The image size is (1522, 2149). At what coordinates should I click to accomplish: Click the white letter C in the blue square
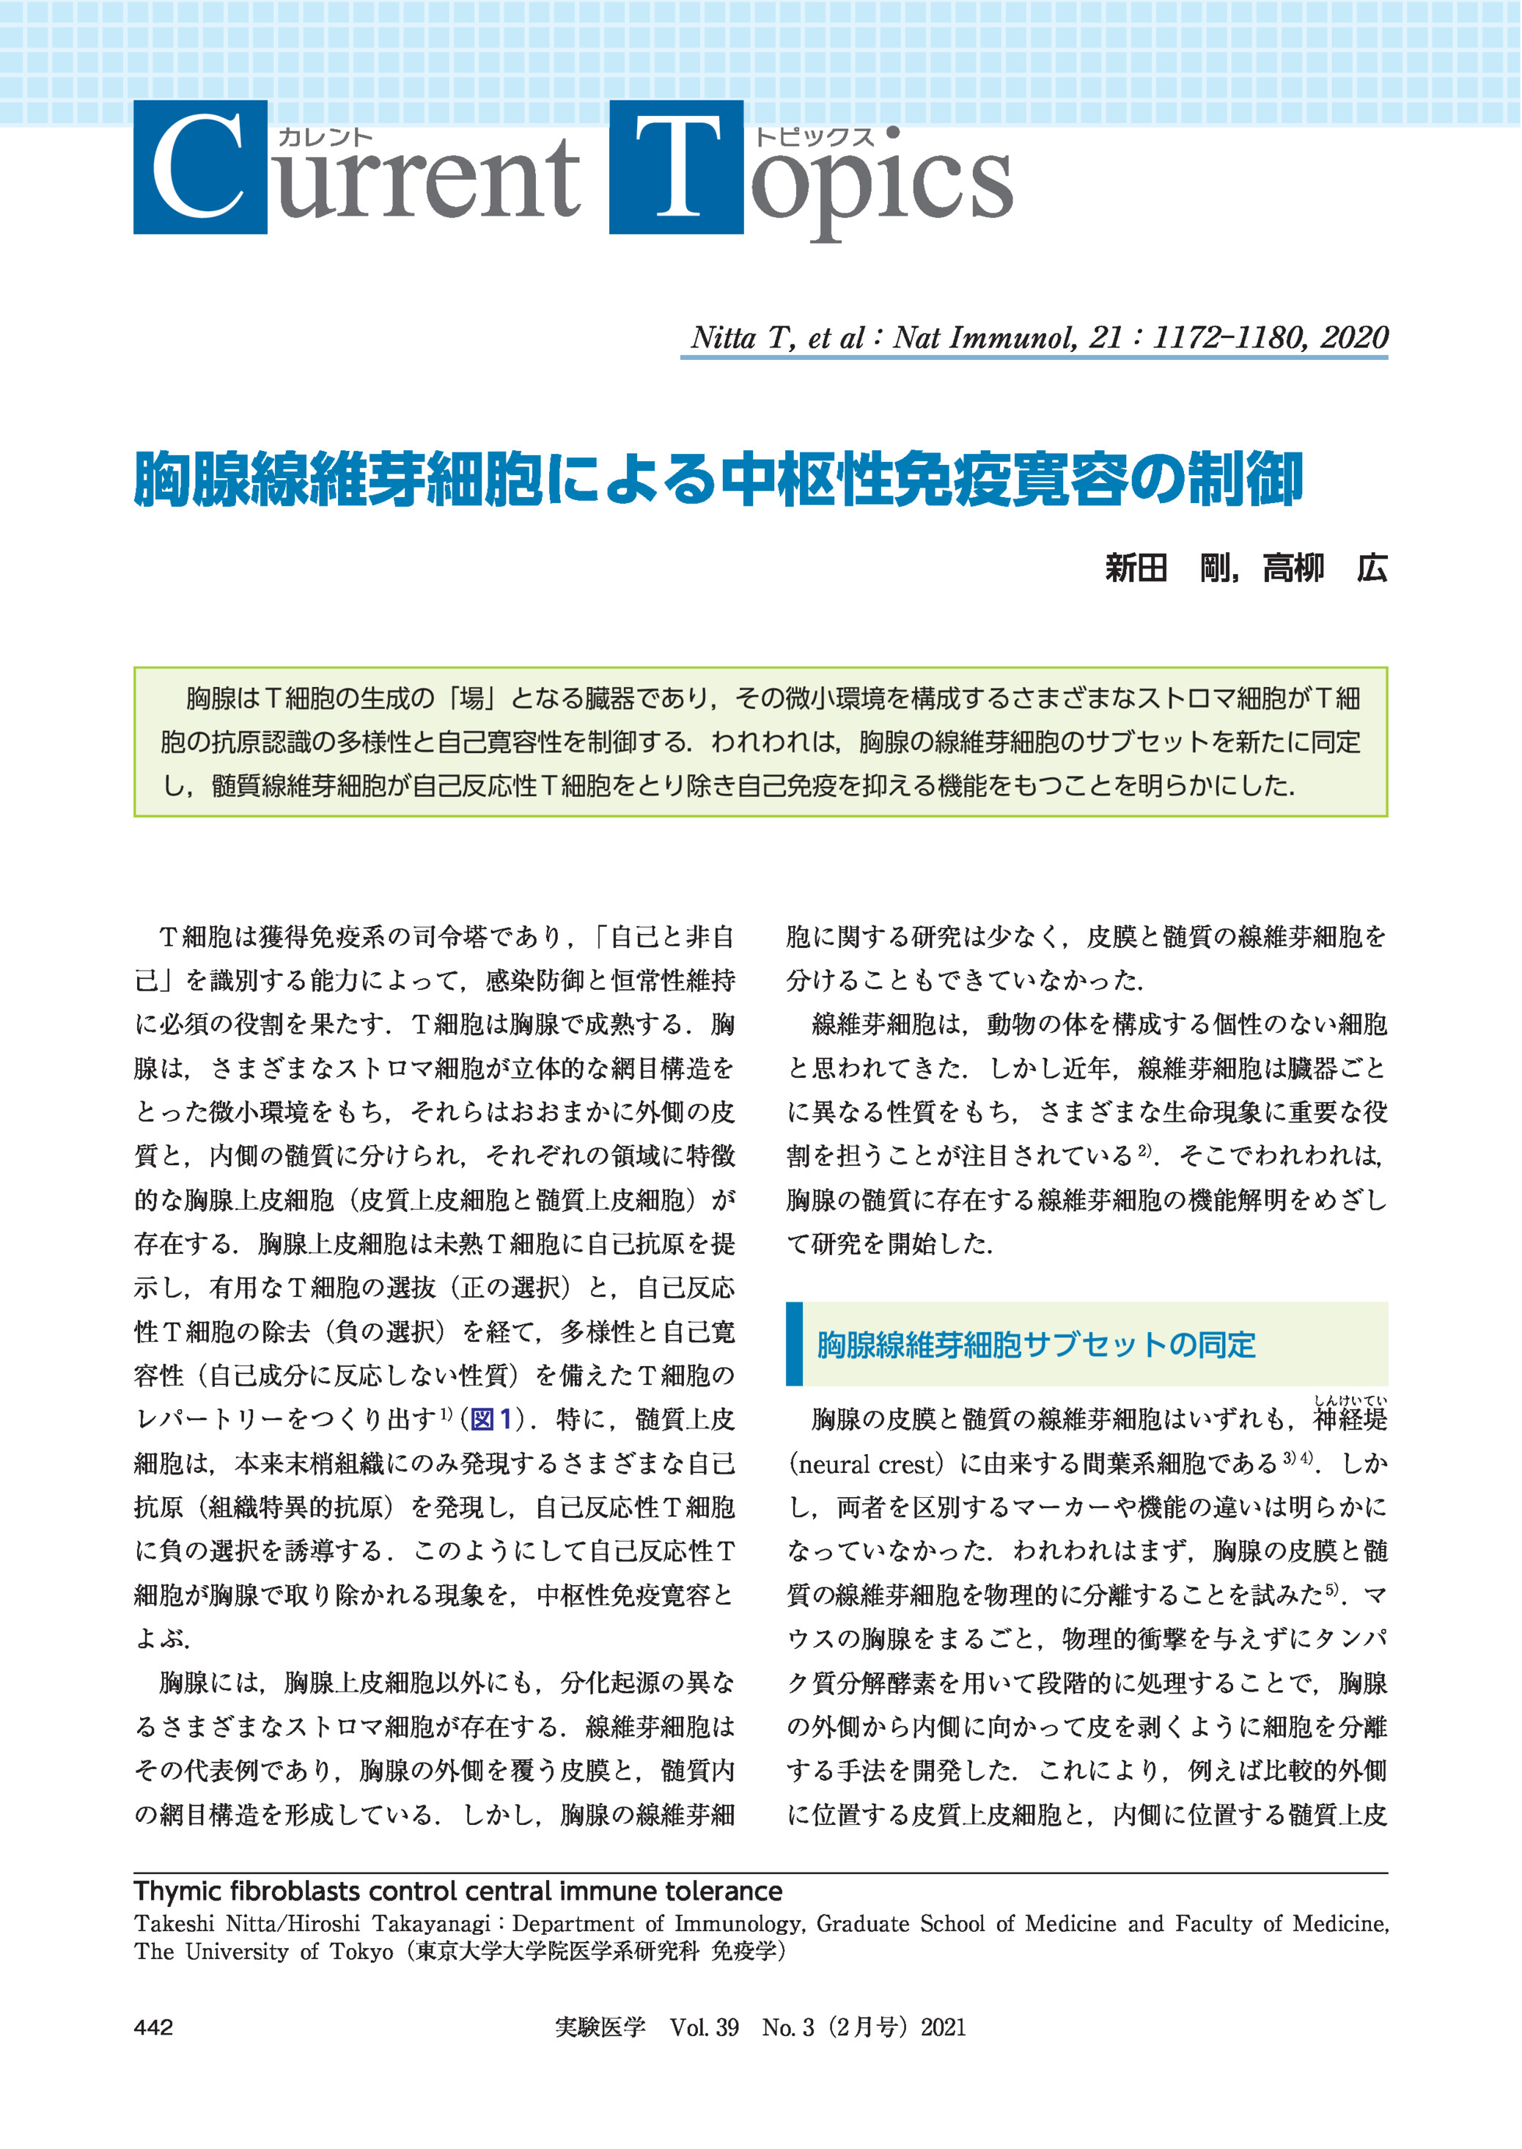(199, 167)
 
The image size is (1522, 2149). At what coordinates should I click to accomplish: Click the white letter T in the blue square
(676, 167)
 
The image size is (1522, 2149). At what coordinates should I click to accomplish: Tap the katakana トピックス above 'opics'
(814, 137)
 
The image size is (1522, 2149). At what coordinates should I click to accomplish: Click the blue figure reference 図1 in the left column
(491, 1419)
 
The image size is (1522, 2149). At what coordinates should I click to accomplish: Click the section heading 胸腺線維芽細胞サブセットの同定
(1036, 1345)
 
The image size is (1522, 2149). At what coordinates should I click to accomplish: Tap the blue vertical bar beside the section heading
(794, 1343)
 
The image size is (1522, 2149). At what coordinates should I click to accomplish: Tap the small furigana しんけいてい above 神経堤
(1350, 1401)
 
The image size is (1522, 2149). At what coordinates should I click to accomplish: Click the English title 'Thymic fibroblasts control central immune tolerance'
(457, 1890)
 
